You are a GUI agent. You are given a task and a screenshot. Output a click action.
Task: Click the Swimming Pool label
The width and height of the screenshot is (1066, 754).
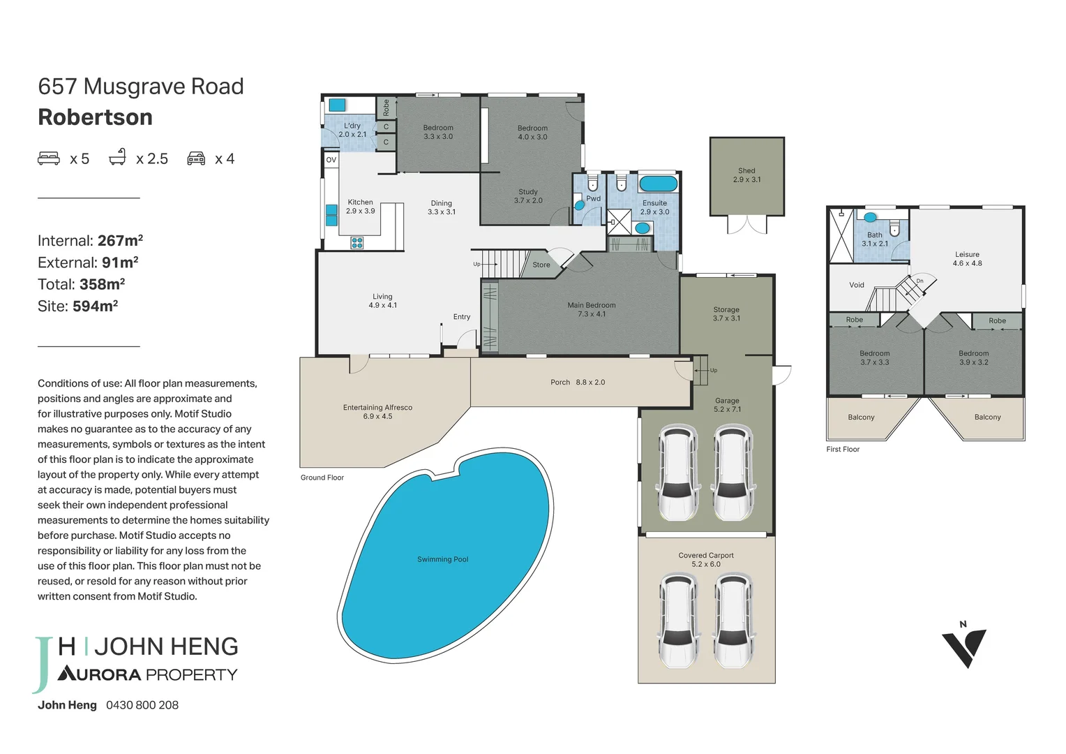coord(442,559)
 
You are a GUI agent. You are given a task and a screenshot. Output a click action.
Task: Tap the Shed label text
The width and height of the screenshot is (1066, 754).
coord(746,171)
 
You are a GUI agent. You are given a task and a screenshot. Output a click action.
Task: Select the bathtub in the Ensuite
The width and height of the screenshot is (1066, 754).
coord(658,184)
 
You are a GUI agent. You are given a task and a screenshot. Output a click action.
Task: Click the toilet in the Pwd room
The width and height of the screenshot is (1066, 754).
coord(592,183)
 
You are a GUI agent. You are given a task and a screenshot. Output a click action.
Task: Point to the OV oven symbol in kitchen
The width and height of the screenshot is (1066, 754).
coord(331,160)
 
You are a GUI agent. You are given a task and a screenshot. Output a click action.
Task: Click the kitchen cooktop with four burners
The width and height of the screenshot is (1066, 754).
coord(357,243)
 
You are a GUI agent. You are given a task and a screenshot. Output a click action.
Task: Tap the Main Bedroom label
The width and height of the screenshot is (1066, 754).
coord(592,305)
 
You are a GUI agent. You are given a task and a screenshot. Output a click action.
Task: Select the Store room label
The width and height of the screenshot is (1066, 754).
coord(541,265)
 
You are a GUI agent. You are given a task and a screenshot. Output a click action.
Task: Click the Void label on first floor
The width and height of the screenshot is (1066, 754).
coord(857,285)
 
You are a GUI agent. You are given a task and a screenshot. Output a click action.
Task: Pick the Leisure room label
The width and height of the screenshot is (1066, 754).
coord(967,255)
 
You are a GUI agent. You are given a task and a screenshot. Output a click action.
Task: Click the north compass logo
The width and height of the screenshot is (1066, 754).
coord(964,646)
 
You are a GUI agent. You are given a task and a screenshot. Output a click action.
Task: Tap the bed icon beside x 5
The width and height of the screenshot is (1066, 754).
coord(49,158)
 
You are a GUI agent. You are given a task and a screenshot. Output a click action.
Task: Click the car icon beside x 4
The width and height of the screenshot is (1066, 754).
coord(196,158)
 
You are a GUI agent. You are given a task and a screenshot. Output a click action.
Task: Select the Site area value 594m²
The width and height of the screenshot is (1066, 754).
coord(95,306)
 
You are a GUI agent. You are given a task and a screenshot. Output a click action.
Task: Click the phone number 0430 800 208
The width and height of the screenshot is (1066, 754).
coord(142,705)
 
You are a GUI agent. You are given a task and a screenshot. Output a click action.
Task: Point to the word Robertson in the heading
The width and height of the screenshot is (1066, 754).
coord(95,117)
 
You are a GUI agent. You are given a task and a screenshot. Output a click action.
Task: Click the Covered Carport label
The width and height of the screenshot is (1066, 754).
coord(706,556)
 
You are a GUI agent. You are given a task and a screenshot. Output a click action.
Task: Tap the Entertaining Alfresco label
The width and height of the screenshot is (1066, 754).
coord(377,408)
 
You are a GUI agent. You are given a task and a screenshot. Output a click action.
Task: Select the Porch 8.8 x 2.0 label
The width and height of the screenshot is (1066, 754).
coord(578,383)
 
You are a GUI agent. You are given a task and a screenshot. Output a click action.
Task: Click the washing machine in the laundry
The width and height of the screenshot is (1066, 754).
coord(337,105)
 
